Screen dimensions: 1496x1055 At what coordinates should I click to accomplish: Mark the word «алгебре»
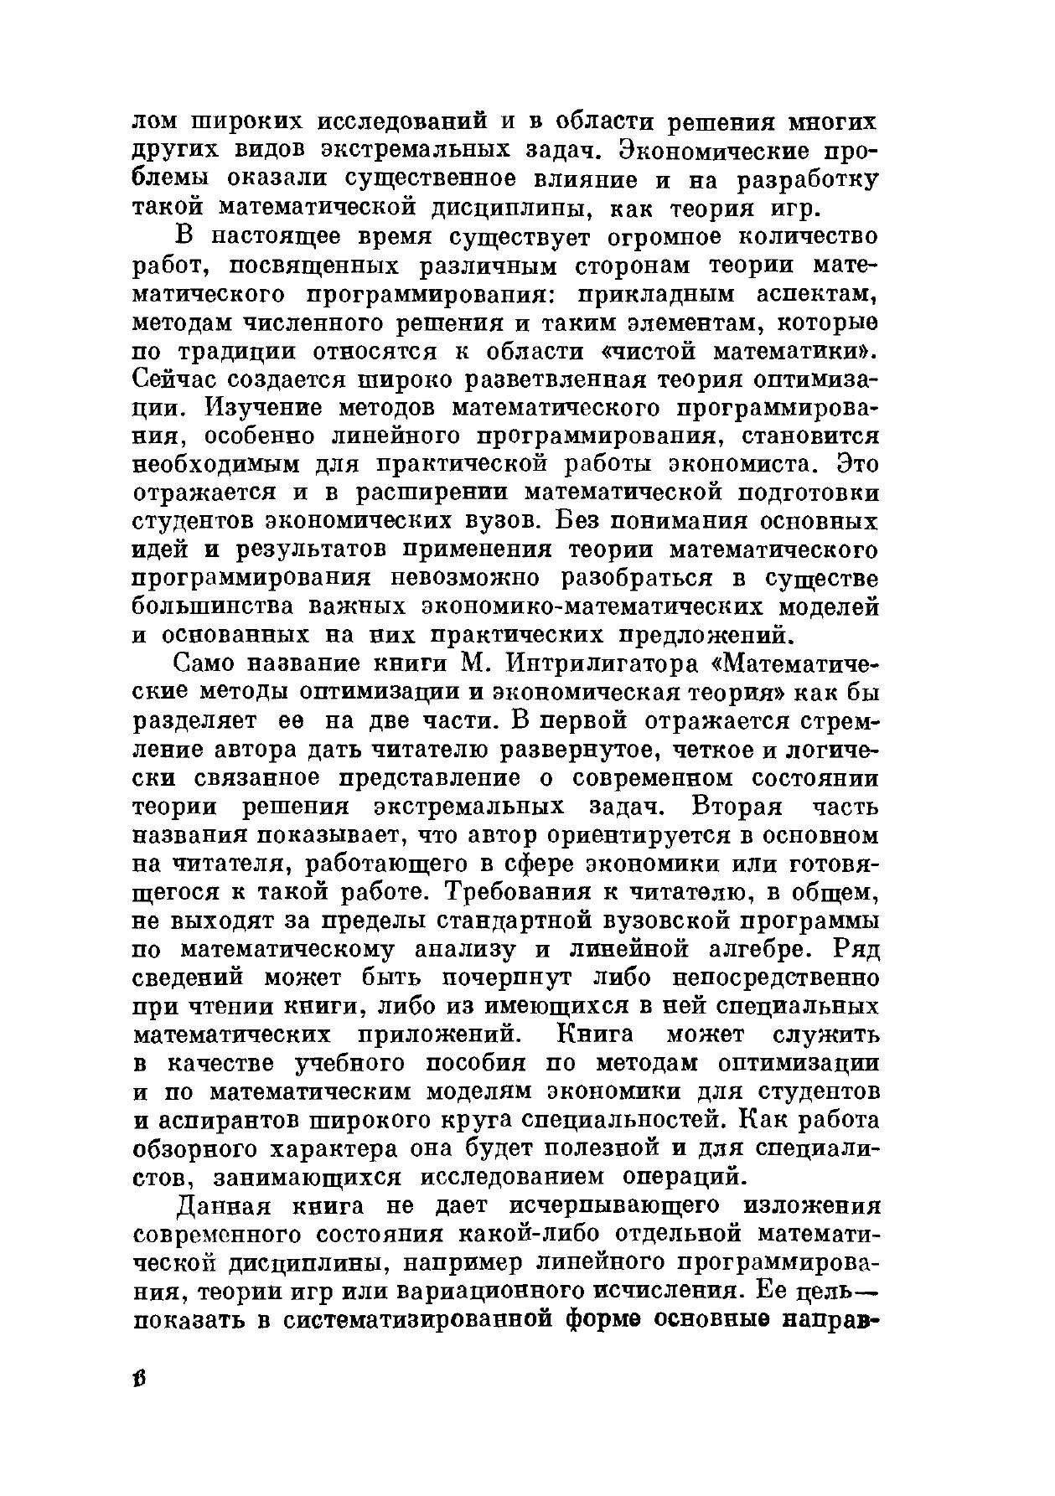[x=762, y=949]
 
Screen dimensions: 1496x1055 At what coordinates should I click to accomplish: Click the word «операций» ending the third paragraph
[x=685, y=1177]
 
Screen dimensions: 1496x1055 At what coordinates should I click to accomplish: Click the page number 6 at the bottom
[x=140, y=1379]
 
